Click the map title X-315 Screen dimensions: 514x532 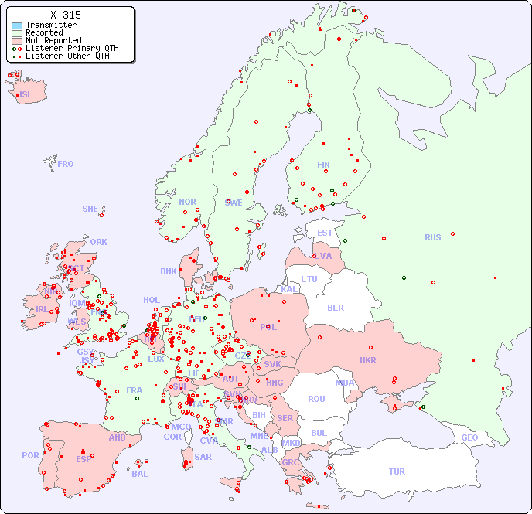(x=66, y=15)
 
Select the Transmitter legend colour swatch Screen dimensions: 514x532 (x=17, y=26)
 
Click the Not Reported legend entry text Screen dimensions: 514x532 (x=53, y=40)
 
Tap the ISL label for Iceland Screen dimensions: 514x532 (x=26, y=95)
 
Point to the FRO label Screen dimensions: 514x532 (x=66, y=164)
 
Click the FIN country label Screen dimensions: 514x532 (x=323, y=165)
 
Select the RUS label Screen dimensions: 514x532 (x=432, y=237)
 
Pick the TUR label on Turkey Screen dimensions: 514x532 (x=397, y=471)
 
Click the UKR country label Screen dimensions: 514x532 (x=367, y=360)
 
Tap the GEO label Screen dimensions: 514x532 (x=469, y=437)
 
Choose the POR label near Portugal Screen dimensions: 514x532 (x=30, y=455)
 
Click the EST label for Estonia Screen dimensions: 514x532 (x=325, y=233)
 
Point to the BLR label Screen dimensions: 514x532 (x=335, y=307)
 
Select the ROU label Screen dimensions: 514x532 (x=316, y=399)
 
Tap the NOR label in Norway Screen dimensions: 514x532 (x=187, y=202)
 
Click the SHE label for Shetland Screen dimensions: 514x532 (x=90, y=209)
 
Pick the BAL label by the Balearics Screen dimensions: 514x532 (x=139, y=474)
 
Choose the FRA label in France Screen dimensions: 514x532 (x=135, y=390)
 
